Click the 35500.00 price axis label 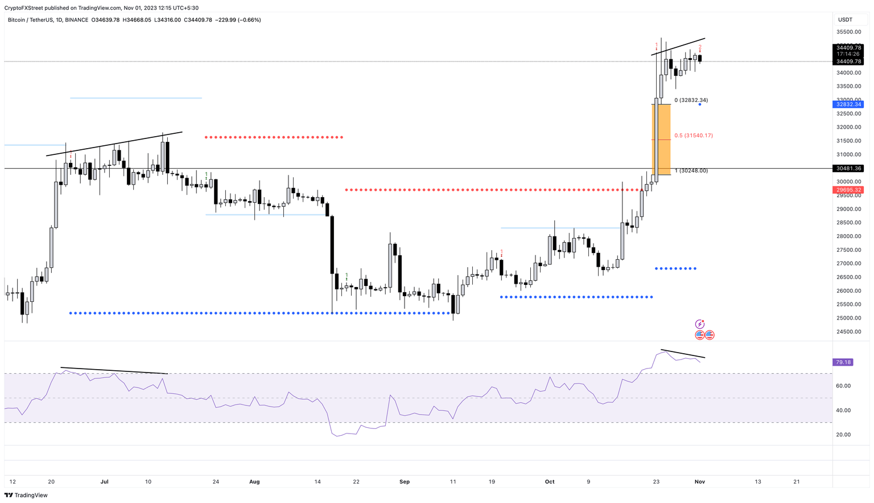click(848, 32)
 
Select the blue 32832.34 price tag click(848, 104)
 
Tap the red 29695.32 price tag click(848, 190)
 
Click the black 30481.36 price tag click(848, 169)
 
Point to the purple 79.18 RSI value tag click(843, 362)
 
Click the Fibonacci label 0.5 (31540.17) click(693, 136)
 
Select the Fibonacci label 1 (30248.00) click(691, 171)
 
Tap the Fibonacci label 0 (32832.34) click(691, 100)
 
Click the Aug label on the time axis click(254, 482)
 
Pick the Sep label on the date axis click(405, 482)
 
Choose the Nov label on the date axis click(700, 482)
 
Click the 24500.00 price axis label click(848, 332)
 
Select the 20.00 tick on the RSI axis click(843, 435)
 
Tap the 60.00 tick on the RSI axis click(843, 386)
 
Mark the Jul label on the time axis click(105, 482)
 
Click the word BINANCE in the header click(76, 20)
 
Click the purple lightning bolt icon click(700, 324)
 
